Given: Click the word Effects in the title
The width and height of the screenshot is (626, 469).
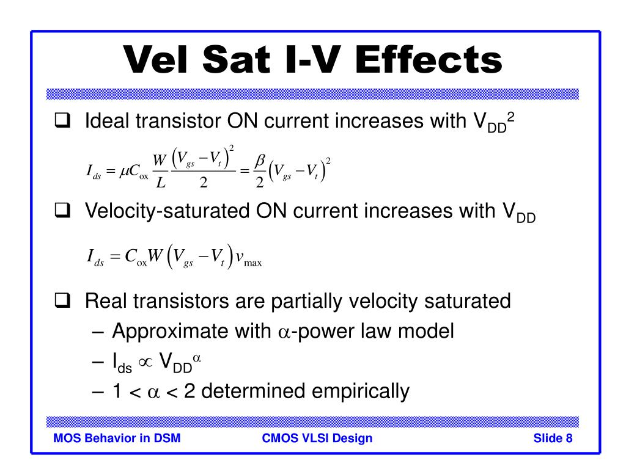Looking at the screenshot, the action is pyautogui.click(x=429, y=59).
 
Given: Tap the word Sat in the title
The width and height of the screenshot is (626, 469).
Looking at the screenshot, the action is pyautogui.click(x=236, y=59).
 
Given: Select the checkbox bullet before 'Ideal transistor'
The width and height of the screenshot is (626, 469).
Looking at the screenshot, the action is pyautogui.click(x=63, y=120).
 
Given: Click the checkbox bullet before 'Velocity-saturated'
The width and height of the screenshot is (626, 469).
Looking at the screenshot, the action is pyautogui.click(x=63, y=210).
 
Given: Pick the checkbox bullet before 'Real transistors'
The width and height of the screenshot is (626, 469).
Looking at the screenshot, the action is pyautogui.click(x=63, y=300).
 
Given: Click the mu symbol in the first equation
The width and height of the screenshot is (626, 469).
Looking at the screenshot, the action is pyautogui.click(x=123, y=172).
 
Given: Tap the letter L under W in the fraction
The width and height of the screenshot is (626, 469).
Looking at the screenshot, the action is pyautogui.click(x=161, y=182).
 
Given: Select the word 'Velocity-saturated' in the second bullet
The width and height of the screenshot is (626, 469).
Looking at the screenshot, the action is pyautogui.click(x=168, y=211).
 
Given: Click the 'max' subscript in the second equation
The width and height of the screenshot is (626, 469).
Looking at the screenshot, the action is pyautogui.click(x=252, y=263).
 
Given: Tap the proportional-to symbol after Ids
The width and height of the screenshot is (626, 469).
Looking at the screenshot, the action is pyautogui.click(x=145, y=362).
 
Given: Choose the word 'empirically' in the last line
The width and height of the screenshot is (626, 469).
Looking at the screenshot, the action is pyautogui.click(x=361, y=391).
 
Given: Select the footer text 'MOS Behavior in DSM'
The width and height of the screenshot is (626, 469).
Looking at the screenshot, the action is pyautogui.click(x=117, y=438).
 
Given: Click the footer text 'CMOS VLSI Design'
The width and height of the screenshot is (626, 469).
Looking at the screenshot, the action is pyautogui.click(x=317, y=438).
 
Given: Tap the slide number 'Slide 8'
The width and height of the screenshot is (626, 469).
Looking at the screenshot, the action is pyautogui.click(x=553, y=438).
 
